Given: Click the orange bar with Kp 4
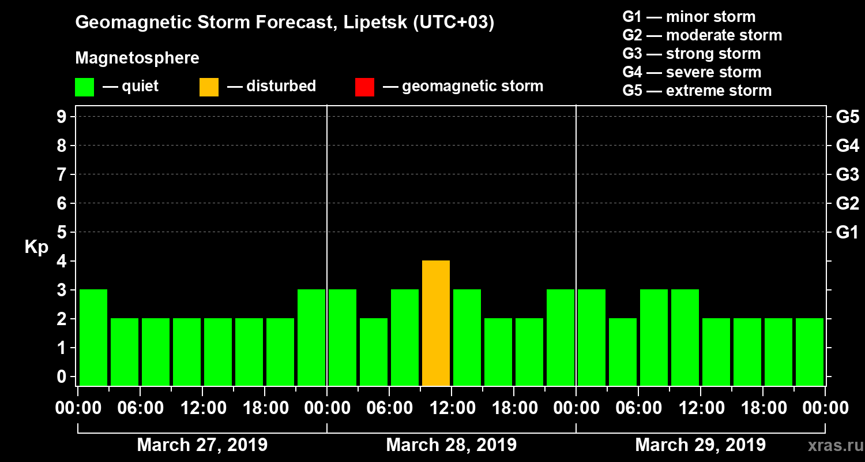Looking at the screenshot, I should tap(436, 323).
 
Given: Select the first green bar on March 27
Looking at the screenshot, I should tap(93, 338).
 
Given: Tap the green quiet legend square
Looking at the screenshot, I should tap(84, 87).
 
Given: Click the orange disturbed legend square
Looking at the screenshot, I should tap(209, 87).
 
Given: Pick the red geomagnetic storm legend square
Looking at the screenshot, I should tap(364, 87).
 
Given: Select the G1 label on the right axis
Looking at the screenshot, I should tap(847, 233).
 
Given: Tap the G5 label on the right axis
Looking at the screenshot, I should tap(847, 117).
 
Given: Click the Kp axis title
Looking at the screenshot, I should tap(36, 247).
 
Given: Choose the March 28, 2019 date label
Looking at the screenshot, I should tap(451, 445).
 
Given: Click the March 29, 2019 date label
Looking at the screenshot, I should tap(700, 445).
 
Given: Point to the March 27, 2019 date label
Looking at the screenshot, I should tap(202, 445).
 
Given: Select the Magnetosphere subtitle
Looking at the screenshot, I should tap(137, 58).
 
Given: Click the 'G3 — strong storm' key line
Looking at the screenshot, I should tap(691, 54).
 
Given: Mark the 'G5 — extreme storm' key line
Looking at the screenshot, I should tap(697, 91).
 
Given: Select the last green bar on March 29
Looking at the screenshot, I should tap(810, 352).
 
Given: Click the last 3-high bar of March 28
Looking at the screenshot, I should tap(561, 338).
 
